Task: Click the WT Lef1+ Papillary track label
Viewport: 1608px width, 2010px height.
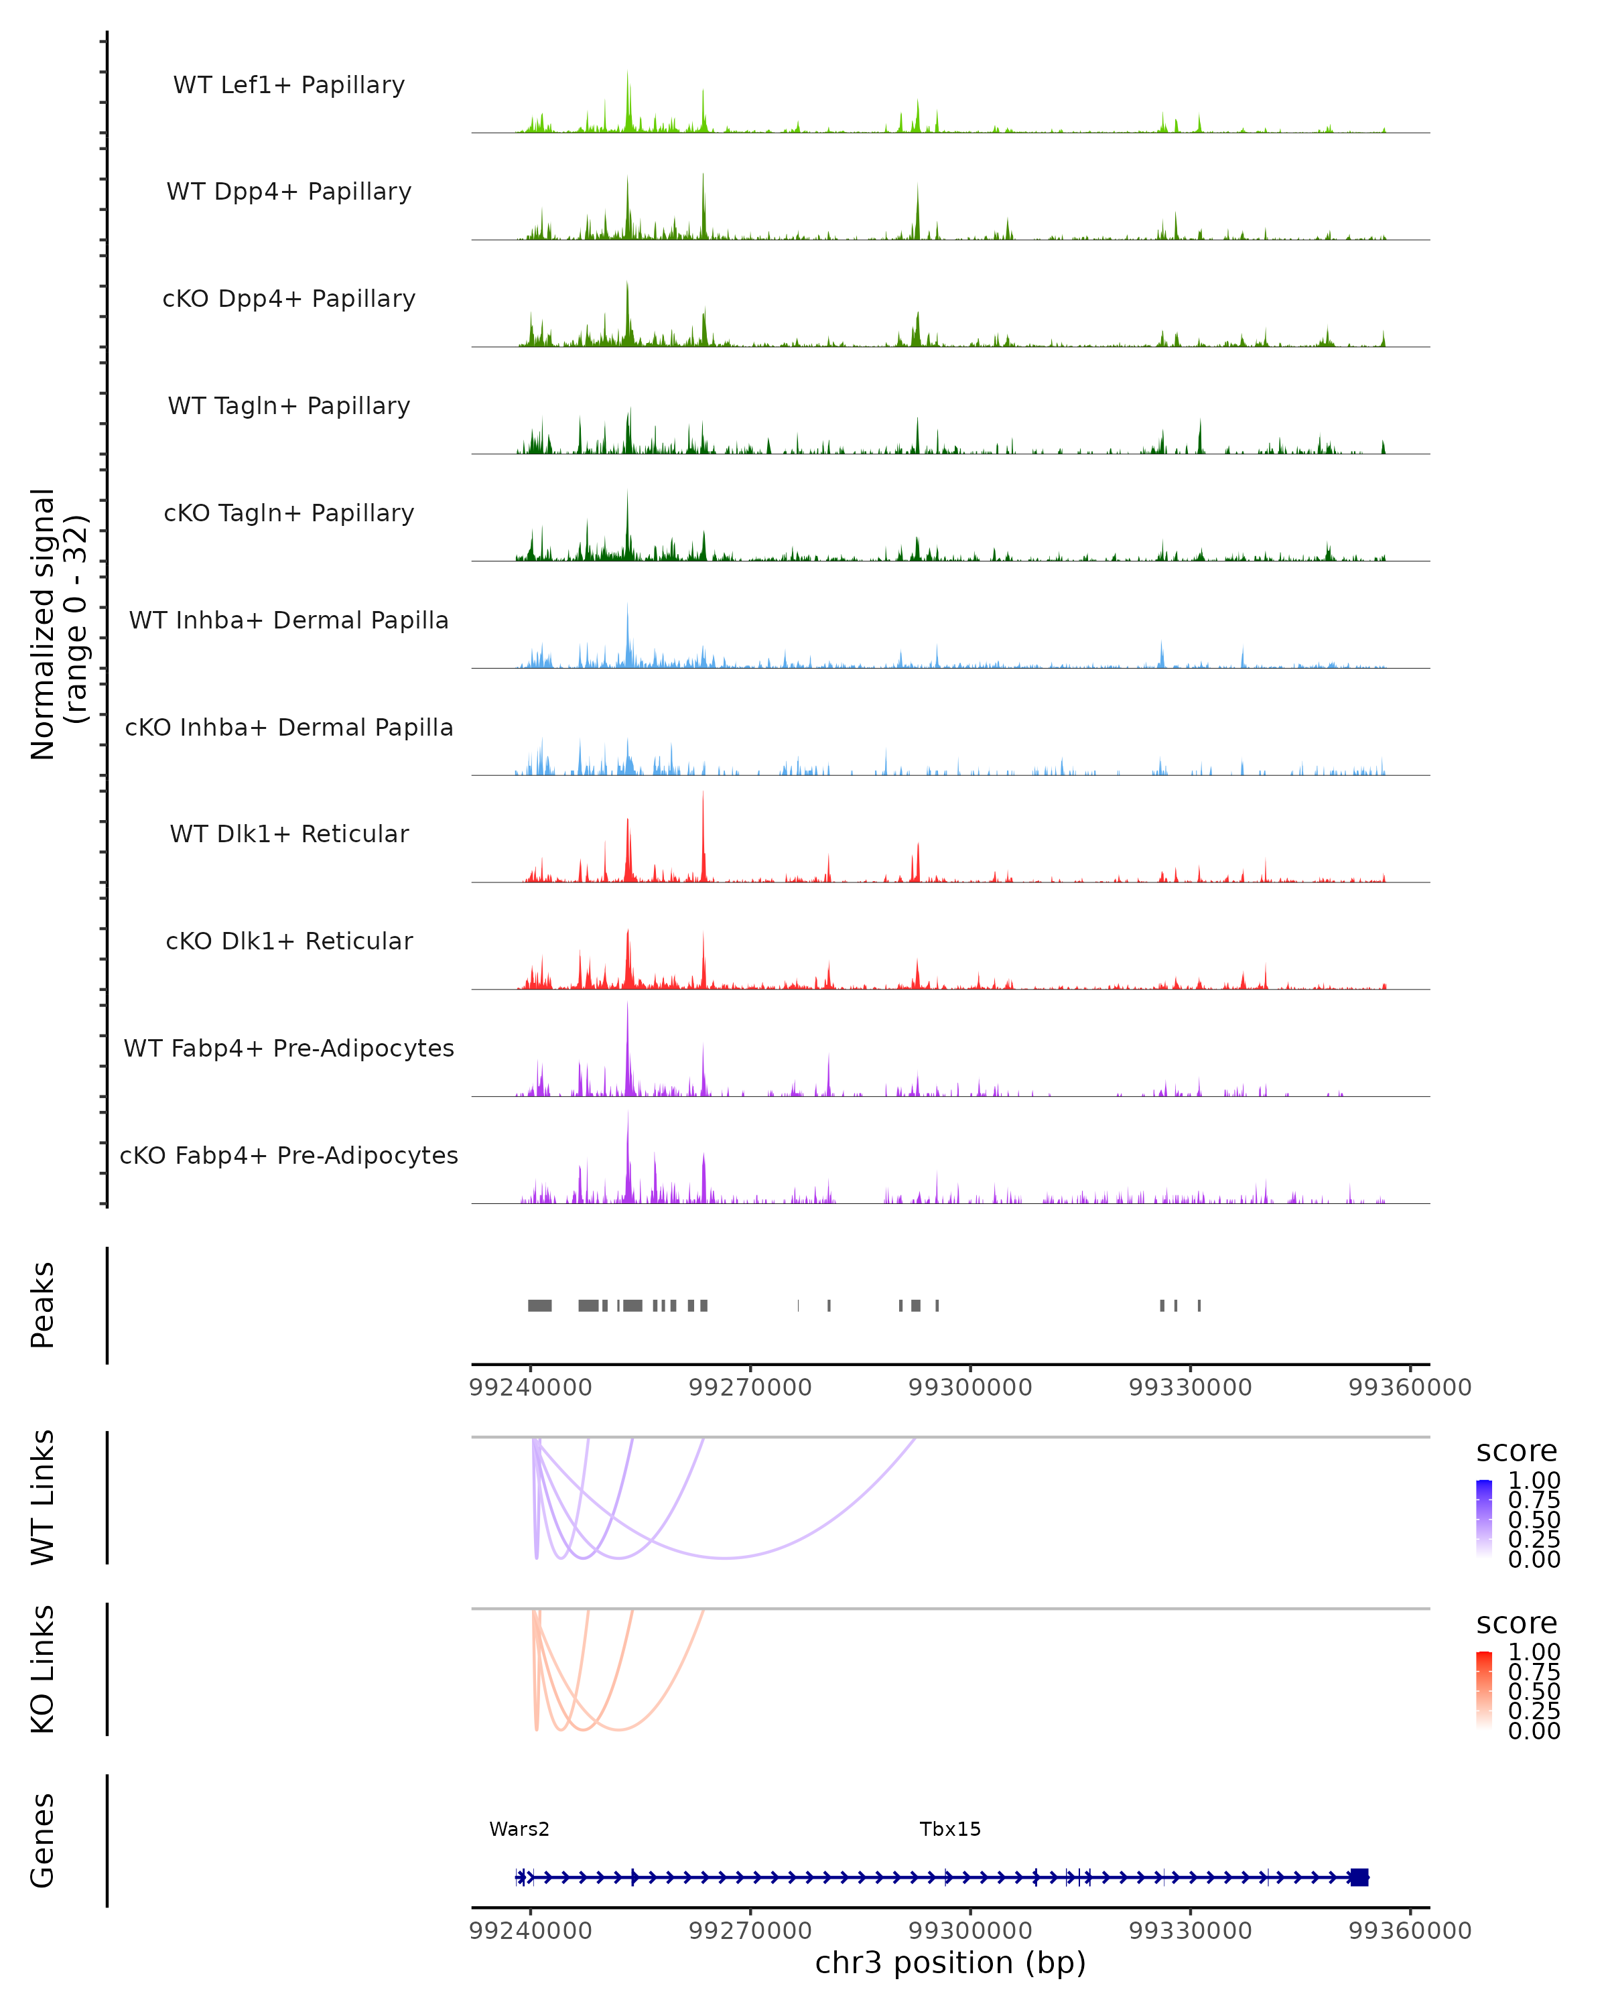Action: (x=289, y=85)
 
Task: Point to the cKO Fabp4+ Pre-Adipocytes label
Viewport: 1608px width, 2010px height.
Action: (x=289, y=1155)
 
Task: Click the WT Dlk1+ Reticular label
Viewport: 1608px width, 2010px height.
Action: (x=289, y=833)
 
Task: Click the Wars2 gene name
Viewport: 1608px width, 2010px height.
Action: (x=519, y=1829)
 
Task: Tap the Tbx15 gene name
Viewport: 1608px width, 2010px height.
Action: (x=950, y=1829)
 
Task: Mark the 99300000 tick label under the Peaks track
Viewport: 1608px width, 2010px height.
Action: (x=969, y=1388)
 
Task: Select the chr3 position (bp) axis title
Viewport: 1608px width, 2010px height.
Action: (x=950, y=1963)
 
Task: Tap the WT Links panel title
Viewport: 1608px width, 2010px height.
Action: (x=43, y=1497)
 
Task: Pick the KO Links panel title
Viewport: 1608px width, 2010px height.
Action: (x=43, y=1669)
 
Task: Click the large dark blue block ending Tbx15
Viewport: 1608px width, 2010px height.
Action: (x=1359, y=1877)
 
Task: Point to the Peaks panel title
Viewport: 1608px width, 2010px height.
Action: (x=43, y=1305)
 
